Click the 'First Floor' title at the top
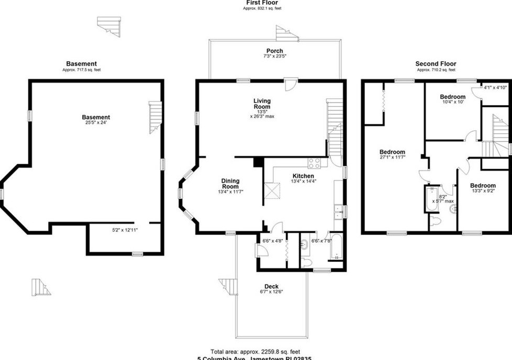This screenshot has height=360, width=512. tap(263, 3)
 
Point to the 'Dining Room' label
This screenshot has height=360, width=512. tap(230, 183)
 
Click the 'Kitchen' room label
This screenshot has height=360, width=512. tap(303, 176)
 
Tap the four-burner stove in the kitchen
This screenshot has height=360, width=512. tap(314, 163)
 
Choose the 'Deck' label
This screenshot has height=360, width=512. tap(271, 286)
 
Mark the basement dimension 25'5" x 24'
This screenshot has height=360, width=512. tap(96, 123)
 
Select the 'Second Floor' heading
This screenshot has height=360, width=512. tap(436, 64)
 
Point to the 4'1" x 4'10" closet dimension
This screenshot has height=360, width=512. tap(495, 87)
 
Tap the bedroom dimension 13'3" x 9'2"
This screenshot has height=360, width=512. tap(482, 192)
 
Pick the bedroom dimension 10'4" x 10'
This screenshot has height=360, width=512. tap(452, 103)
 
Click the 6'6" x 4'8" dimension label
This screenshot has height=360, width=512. tap(268, 241)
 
